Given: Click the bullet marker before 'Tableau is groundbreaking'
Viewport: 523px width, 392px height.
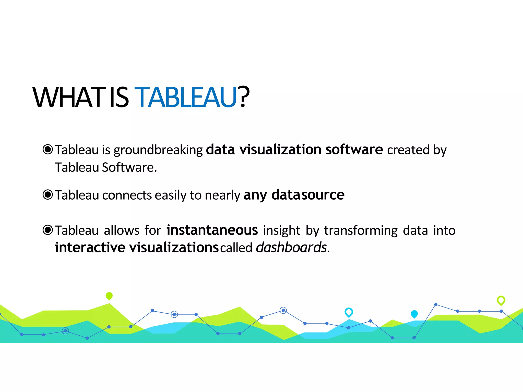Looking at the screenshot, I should pyautogui.click(x=48, y=149).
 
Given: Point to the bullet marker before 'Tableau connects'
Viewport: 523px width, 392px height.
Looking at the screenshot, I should pyautogui.click(x=48, y=195).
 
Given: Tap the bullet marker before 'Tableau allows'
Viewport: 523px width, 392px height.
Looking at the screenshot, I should pyautogui.click(x=48, y=230).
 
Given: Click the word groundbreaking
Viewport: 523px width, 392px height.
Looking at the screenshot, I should pyautogui.click(x=158, y=150).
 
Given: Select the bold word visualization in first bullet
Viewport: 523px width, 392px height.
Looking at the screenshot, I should pyautogui.click(x=280, y=150).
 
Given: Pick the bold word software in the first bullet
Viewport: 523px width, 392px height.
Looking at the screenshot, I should pyautogui.click(x=354, y=150).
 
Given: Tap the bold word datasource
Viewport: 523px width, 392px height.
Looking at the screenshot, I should pyautogui.click(x=308, y=195).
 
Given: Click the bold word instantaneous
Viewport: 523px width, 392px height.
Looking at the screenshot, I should pyautogui.click(x=212, y=230).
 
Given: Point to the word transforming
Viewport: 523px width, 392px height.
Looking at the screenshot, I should pyautogui.click(x=361, y=231).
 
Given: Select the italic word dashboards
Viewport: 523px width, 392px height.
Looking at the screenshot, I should pyautogui.click(x=291, y=248).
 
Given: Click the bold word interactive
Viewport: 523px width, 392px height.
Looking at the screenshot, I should pyautogui.click(x=90, y=248).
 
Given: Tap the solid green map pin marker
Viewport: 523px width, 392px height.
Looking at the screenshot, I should pyautogui.click(x=109, y=296).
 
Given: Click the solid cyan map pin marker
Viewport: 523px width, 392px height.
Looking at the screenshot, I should pyautogui.click(x=414, y=314).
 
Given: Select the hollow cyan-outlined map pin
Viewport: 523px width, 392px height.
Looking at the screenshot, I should pyautogui.click(x=349, y=312).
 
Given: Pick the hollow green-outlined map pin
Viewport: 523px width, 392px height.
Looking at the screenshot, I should pyautogui.click(x=501, y=300).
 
